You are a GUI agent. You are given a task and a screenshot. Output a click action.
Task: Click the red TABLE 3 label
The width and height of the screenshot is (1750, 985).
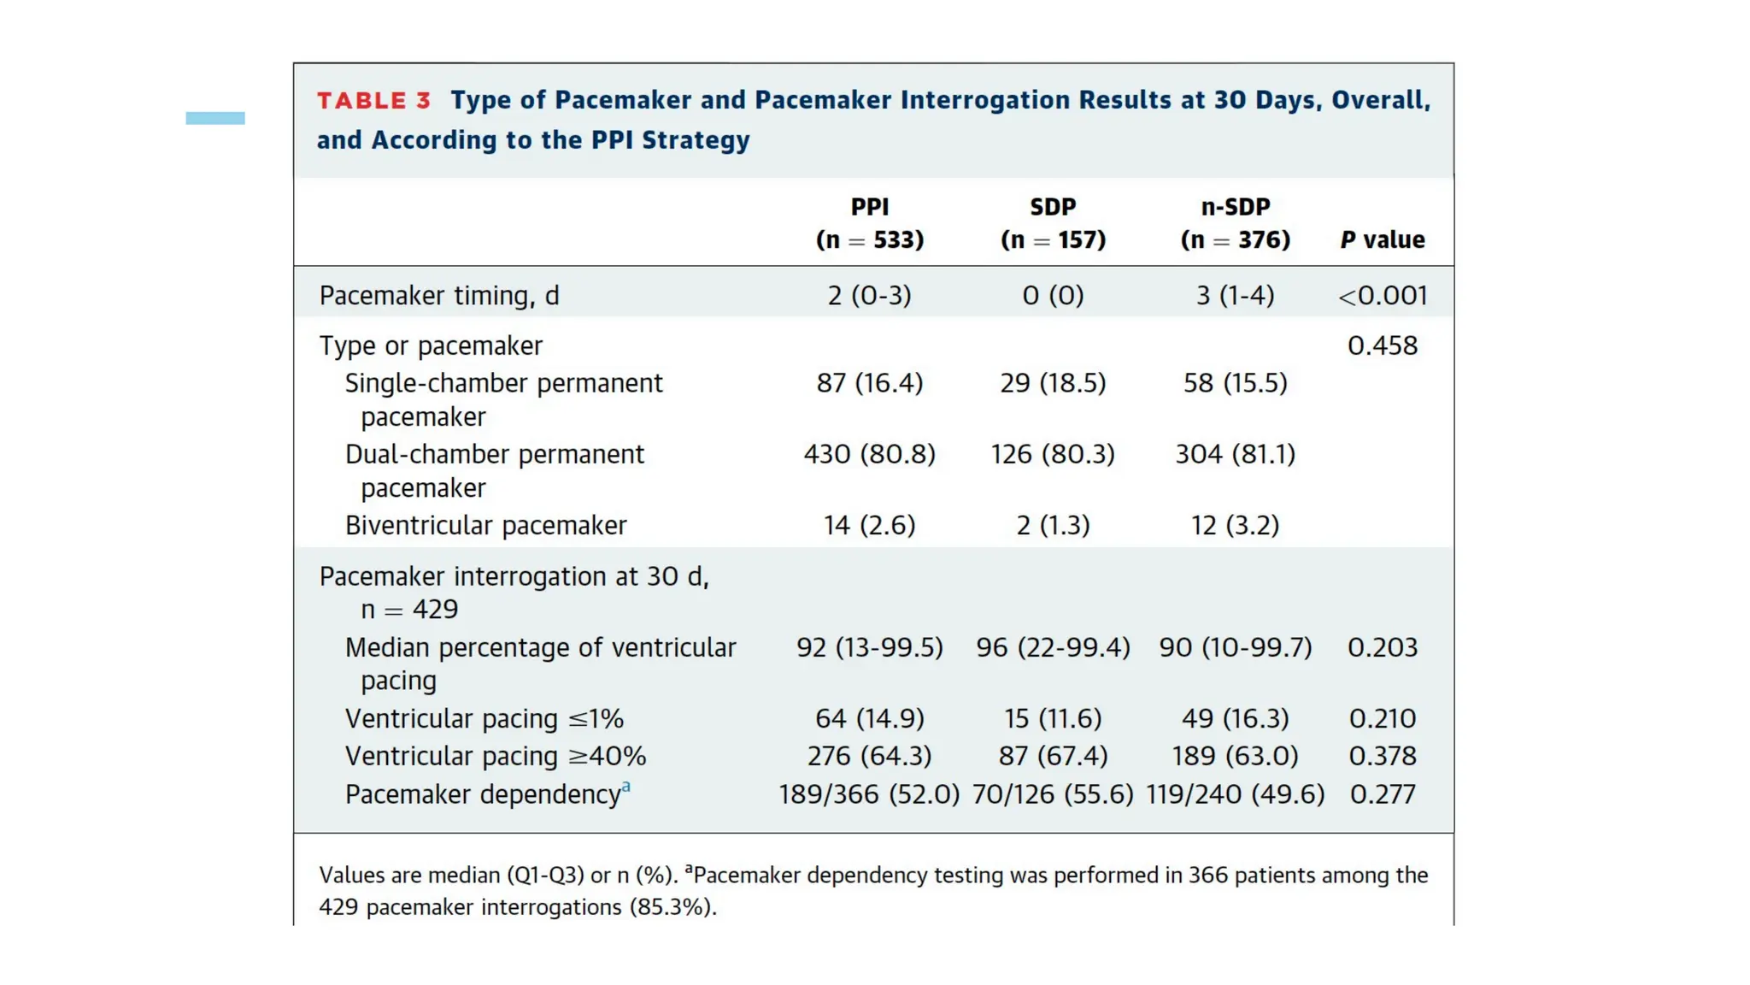click(373, 101)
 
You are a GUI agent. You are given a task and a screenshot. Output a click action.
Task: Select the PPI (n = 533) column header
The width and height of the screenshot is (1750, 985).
click(870, 223)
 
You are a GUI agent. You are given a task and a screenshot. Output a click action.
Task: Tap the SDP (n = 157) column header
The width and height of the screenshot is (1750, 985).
click(1053, 223)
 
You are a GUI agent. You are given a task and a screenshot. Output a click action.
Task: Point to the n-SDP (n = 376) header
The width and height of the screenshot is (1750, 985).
click(1236, 223)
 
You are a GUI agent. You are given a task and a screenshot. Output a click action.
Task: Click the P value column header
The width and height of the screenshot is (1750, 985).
click(1383, 239)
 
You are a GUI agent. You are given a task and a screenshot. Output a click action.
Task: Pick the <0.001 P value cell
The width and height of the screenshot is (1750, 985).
click(1383, 296)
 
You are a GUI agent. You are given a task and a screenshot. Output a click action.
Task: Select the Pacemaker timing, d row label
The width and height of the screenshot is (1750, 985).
click(439, 296)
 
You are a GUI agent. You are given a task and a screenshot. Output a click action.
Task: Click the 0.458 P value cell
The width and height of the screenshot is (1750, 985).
click(1383, 345)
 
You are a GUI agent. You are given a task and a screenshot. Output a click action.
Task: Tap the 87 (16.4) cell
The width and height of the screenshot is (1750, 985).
click(870, 383)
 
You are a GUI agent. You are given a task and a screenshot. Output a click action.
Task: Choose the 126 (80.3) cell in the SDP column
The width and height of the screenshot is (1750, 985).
click(1053, 454)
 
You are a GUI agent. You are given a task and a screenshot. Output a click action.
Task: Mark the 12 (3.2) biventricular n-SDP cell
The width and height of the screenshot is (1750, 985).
click(1236, 525)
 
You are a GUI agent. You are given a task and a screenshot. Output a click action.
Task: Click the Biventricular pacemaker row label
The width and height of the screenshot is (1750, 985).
click(485, 525)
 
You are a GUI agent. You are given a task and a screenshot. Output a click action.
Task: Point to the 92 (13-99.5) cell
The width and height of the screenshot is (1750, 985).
click(870, 647)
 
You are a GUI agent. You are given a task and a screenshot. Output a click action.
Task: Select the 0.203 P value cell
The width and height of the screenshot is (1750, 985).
click(1383, 647)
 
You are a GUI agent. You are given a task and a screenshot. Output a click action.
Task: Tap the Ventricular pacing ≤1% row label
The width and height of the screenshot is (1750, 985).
click(484, 719)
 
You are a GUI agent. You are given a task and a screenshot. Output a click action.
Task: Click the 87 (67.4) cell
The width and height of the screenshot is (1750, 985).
click(1053, 756)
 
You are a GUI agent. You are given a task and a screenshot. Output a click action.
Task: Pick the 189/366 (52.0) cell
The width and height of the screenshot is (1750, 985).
click(870, 794)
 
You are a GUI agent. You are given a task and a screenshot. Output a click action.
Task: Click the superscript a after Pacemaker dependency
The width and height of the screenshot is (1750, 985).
click(626, 787)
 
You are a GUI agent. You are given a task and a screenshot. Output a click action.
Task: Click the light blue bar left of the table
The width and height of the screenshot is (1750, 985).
click(215, 118)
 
